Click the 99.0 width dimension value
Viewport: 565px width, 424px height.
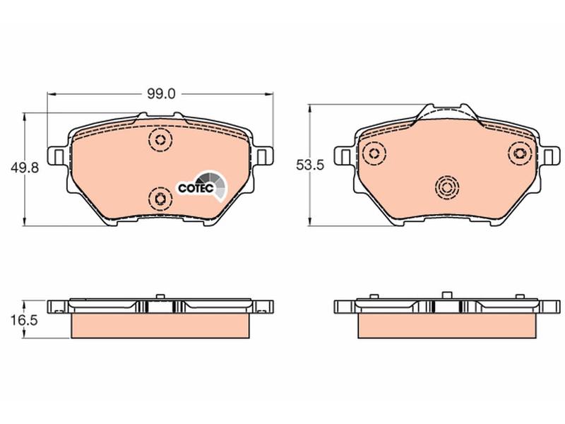coord(161,94)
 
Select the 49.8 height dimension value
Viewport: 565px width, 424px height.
coord(25,167)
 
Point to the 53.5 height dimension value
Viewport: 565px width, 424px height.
coord(310,165)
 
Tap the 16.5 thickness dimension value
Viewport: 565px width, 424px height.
coord(24,319)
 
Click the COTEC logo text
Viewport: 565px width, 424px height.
coord(196,188)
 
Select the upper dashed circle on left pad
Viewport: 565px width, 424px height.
coord(160,139)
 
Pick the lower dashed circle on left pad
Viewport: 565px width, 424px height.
coord(160,199)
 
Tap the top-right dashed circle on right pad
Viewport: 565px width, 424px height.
coord(520,153)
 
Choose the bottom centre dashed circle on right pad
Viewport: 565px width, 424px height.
coord(447,187)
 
